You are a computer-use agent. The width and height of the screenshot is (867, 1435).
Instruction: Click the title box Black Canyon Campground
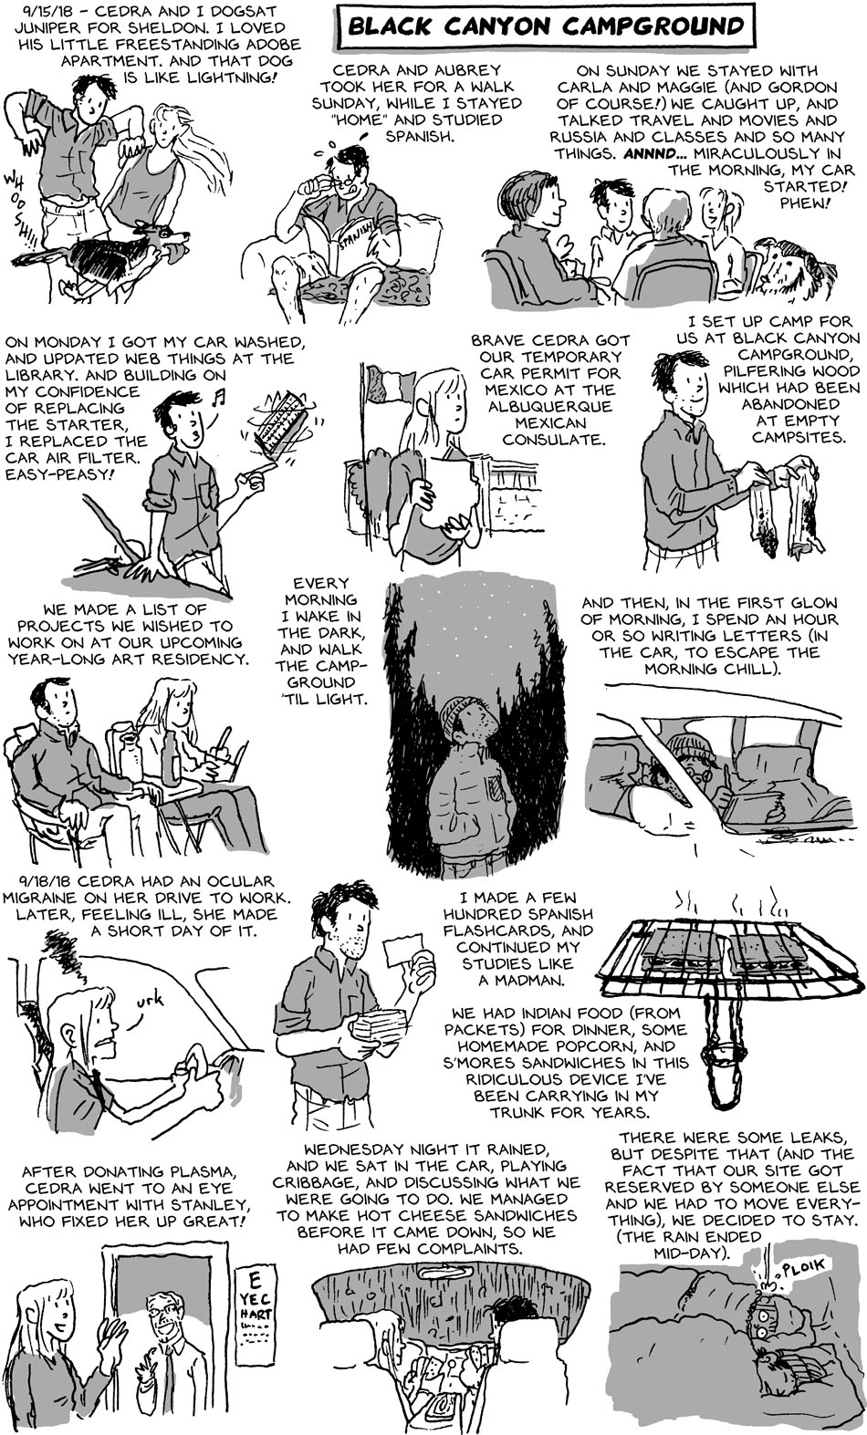[547, 26]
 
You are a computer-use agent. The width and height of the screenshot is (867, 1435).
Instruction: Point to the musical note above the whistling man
[219, 398]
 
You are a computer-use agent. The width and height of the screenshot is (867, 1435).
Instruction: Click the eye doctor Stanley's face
[162, 1315]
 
